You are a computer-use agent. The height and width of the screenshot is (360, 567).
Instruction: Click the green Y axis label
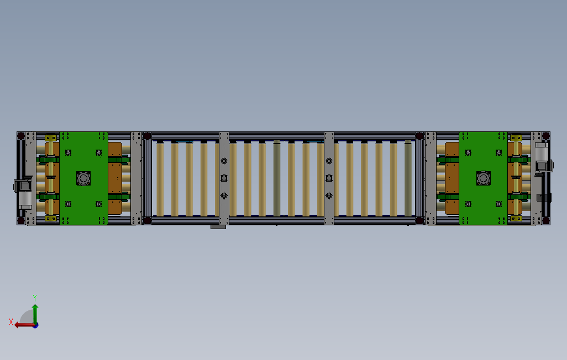(35, 297)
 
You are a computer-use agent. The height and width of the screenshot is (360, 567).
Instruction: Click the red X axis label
(11, 321)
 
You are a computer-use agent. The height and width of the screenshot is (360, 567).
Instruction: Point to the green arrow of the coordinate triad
(35, 312)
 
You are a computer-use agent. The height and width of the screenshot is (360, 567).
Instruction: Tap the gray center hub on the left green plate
(83, 178)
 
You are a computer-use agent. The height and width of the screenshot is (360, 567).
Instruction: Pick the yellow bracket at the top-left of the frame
(51, 137)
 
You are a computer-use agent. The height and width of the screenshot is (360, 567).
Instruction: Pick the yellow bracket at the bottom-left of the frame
(51, 219)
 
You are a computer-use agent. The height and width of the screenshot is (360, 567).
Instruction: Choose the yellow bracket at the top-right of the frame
(516, 137)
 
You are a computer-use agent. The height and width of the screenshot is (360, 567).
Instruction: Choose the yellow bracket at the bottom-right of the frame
(516, 219)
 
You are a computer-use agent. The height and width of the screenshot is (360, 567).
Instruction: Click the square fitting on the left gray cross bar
(224, 178)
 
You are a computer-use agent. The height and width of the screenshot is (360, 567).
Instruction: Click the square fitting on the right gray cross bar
(329, 178)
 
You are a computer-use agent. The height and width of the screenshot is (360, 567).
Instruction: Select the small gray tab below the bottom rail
(219, 227)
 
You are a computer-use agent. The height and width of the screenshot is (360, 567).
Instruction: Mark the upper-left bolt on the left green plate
(68, 152)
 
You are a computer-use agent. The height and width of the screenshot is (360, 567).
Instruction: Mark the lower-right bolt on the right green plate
(499, 204)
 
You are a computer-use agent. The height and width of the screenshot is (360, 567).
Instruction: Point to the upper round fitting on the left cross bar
(224, 161)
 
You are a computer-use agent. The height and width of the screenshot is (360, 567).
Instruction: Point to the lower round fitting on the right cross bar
(329, 195)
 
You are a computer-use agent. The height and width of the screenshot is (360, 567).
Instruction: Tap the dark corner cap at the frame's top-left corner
(20, 135)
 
